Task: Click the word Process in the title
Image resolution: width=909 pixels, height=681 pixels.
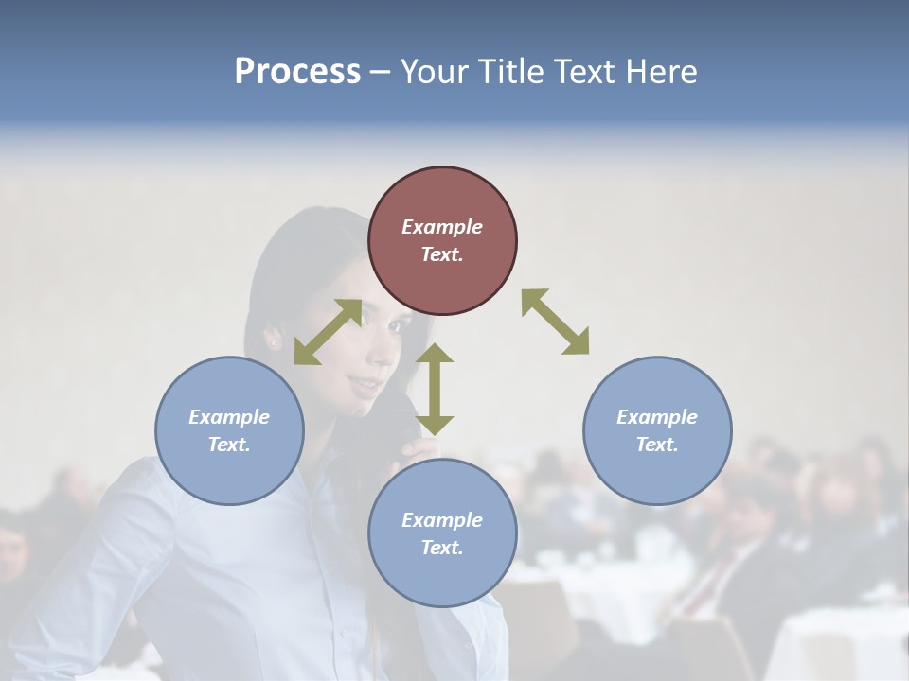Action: [297, 72]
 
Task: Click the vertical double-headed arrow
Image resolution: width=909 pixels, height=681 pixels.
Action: [435, 389]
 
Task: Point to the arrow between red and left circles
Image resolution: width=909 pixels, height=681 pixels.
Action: [328, 332]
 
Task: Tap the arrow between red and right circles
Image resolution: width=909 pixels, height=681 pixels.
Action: [556, 322]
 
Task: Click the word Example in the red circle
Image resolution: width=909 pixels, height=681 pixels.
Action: [442, 227]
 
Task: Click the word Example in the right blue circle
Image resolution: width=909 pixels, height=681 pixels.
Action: [657, 417]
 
